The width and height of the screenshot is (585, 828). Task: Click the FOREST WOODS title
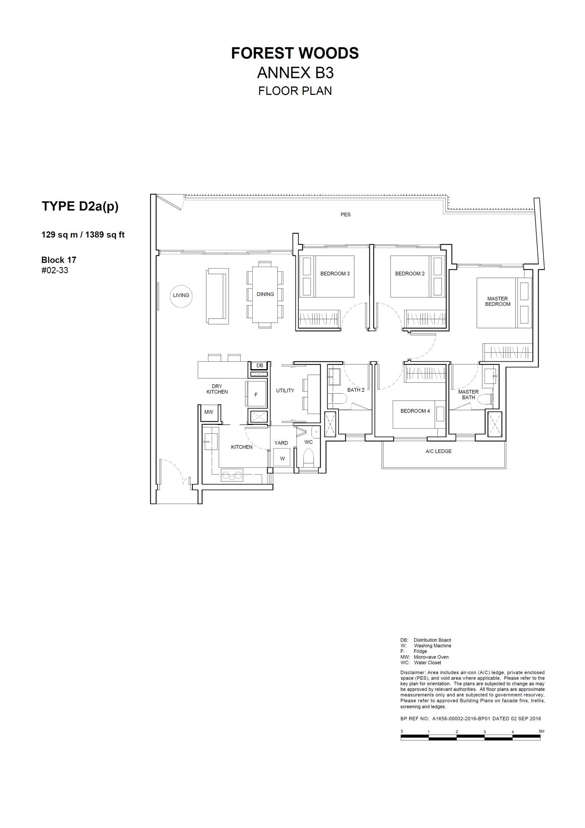295,53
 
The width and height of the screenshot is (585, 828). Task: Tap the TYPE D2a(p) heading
80,206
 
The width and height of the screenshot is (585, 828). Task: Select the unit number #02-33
55,270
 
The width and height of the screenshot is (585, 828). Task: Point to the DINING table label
265,294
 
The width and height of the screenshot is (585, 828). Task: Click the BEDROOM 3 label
335,274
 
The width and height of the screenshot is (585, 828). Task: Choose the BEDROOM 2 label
410,274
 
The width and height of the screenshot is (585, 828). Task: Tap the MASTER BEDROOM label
498,301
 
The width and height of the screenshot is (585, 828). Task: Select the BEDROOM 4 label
415,411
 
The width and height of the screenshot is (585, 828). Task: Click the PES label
346,215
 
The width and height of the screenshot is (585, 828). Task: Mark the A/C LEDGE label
438,451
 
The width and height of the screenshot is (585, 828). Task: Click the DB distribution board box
260,366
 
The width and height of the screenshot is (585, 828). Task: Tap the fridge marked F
256,394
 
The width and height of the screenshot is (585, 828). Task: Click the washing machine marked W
282,457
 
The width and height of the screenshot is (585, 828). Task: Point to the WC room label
309,442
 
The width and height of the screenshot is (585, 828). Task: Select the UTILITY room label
285,391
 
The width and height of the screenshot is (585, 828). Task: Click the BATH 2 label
356,390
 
